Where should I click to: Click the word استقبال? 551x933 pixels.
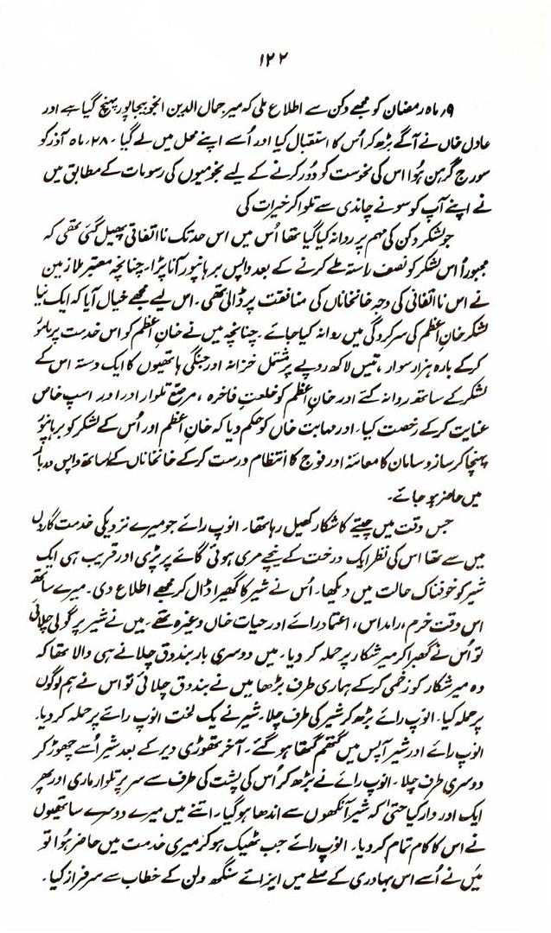(306, 138)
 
